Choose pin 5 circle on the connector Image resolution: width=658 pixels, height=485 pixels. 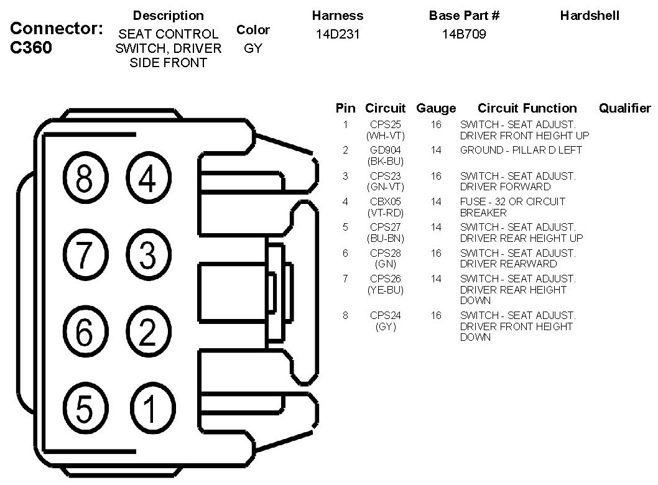[x=85, y=409]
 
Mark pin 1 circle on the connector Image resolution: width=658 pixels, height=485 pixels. [x=147, y=409]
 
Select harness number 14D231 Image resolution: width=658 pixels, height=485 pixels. [x=338, y=35]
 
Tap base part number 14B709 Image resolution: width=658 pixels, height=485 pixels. [x=463, y=35]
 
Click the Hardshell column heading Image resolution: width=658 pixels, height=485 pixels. [x=590, y=16]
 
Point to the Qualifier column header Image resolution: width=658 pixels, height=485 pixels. [x=624, y=108]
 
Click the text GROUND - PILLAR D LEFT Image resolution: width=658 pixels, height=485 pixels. [x=521, y=150]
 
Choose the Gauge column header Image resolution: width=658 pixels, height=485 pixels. [x=436, y=108]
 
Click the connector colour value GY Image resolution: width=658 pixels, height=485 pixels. [x=253, y=48]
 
